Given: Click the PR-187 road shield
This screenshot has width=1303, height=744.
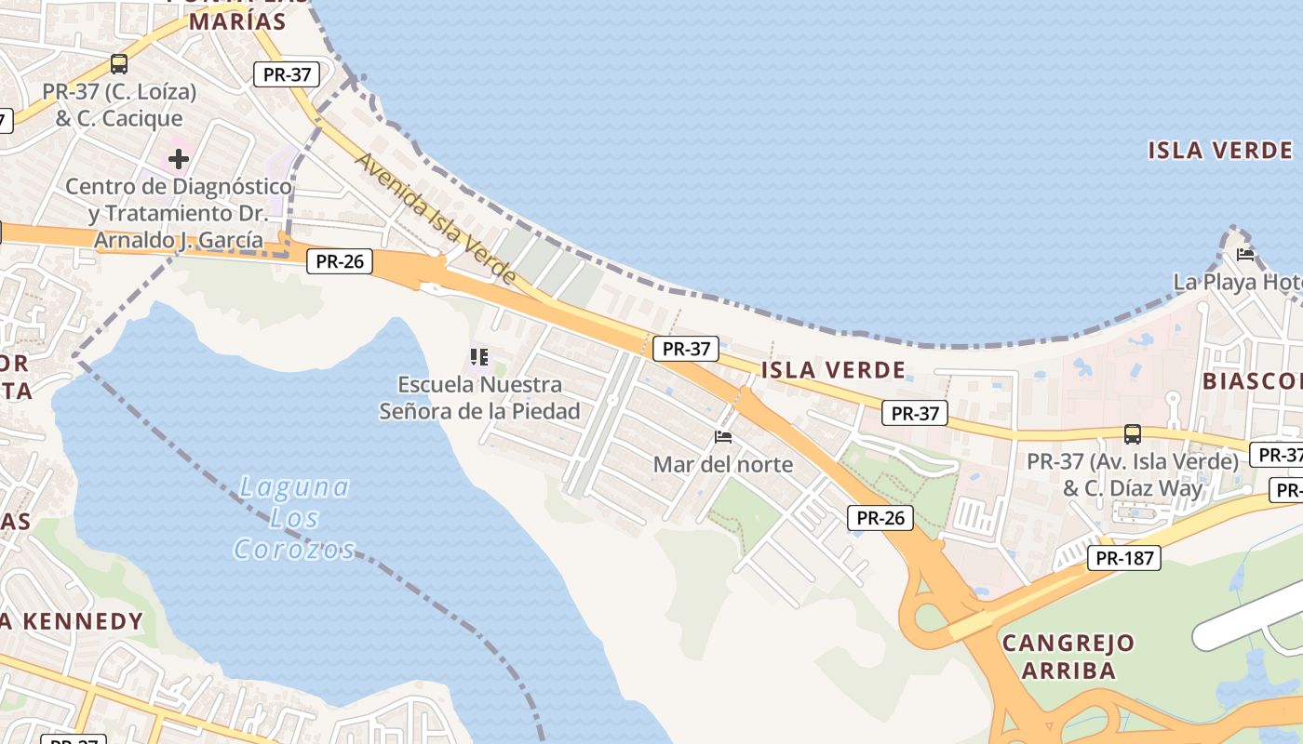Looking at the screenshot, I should (1124, 558).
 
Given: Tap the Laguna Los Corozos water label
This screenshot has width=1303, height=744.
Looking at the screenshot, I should (294, 518).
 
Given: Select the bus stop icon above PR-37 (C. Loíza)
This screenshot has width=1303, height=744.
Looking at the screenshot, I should (119, 64).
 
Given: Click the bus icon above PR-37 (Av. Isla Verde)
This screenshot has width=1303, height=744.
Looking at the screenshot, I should (1133, 433).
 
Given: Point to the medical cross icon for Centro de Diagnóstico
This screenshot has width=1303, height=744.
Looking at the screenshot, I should (178, 159).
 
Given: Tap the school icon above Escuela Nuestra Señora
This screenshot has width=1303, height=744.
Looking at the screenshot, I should (479, 357).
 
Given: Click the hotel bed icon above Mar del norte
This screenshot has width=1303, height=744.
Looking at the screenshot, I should (723, 436).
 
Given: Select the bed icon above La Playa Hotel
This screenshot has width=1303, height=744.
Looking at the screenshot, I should (1245, 254).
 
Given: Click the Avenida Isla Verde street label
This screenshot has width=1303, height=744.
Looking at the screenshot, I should (436, 219).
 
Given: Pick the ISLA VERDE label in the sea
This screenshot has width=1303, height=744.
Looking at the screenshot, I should (1220, 151).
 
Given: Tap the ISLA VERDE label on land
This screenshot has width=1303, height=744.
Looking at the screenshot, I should (833, 370).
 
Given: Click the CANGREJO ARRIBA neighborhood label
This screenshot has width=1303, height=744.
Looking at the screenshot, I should (1068, 657).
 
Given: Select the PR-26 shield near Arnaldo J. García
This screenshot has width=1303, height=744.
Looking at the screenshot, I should (339, 261).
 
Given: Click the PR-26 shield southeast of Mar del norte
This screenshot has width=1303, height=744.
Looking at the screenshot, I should (880, 518).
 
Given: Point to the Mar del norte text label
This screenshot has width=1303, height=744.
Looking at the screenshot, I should (723, 464).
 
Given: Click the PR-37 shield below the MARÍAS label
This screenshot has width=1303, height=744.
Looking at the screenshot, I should (287, 74).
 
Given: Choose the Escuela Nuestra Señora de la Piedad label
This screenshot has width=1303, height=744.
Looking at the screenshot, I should (479, 398).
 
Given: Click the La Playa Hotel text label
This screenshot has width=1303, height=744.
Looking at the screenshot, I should (1238, 282).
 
